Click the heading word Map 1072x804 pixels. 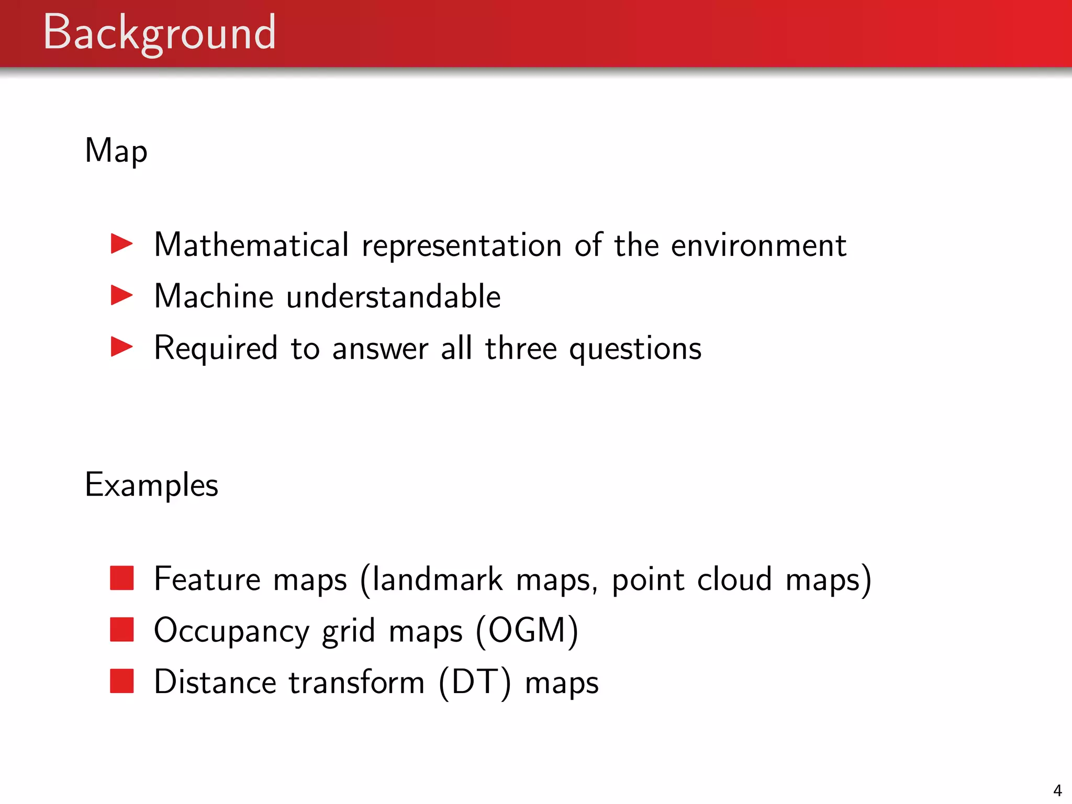(x=116, y=151)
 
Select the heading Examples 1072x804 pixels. (x=151, y=485)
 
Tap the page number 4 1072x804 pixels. (x=1057, y=790)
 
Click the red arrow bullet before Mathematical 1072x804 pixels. (x=122, y=244)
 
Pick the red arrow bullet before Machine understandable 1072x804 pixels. (x=122, y=296)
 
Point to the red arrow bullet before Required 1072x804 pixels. (x=122, y=347)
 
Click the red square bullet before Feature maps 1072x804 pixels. (x=122, y=578)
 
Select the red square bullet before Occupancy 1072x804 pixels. (x=122, y=630)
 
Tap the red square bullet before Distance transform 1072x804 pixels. (x=122, y=681)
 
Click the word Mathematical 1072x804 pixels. (x=251, y=245)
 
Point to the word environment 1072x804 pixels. (x=758, y=245)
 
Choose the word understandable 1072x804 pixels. (x=394, y=297)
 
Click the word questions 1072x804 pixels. (x=635, y=349)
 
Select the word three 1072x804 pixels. (x=521, y=348)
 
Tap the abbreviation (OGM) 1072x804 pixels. (x=527, y=631)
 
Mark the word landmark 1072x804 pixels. (x=438, y=579)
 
